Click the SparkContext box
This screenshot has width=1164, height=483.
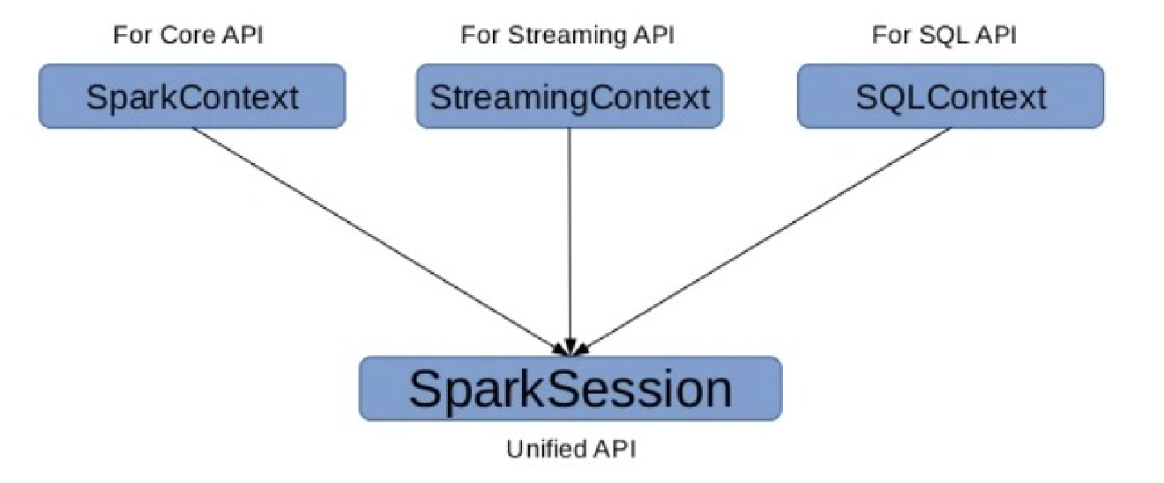click(192, 96)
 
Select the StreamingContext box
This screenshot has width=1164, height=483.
click(569, 96)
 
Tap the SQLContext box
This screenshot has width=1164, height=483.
click(950, 96)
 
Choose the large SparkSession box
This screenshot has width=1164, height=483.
click(570, 389)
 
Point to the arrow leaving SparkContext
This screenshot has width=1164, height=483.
click(379, 237)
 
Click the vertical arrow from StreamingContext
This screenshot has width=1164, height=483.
click(570, 238)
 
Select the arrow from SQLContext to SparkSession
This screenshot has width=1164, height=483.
click(767, 237)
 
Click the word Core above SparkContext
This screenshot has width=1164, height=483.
click(176, 36)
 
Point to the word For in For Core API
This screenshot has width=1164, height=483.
click(131, 36)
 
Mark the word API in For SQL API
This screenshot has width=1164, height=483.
click(996, 36)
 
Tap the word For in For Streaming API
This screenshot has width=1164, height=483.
click(477, 36)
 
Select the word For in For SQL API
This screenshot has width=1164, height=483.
click(891, 36)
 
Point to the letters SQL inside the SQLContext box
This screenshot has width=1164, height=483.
click(887, 96)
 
